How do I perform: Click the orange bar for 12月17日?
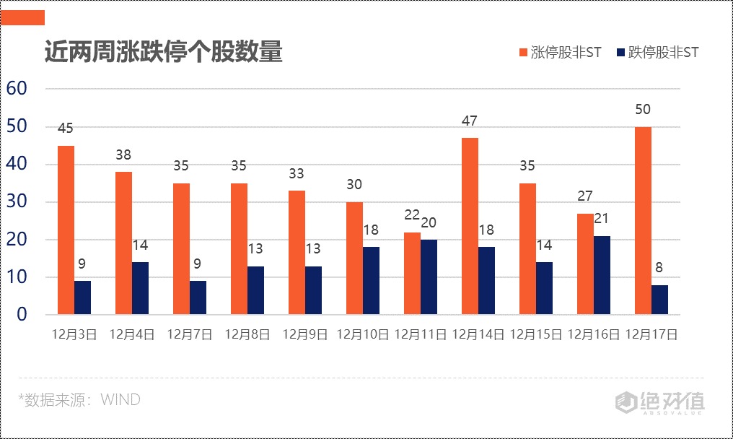click(643, 221)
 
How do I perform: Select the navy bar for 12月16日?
click(602, 275)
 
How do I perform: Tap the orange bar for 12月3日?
click(66, 230)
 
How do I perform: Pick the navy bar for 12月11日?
click(429, 277)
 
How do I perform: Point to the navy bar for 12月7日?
click(198, 297)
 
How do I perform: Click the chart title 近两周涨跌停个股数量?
click(163, 53)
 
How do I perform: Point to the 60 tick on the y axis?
click(17, 89)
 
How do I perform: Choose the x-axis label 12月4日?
click(131, 335)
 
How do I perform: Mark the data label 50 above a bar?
click(643, 110)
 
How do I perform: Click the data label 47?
click(470, 121)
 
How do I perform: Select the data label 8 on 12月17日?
click(659, 268)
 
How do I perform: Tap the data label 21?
click(602, 219)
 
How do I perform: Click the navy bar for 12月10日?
click(371, 281)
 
